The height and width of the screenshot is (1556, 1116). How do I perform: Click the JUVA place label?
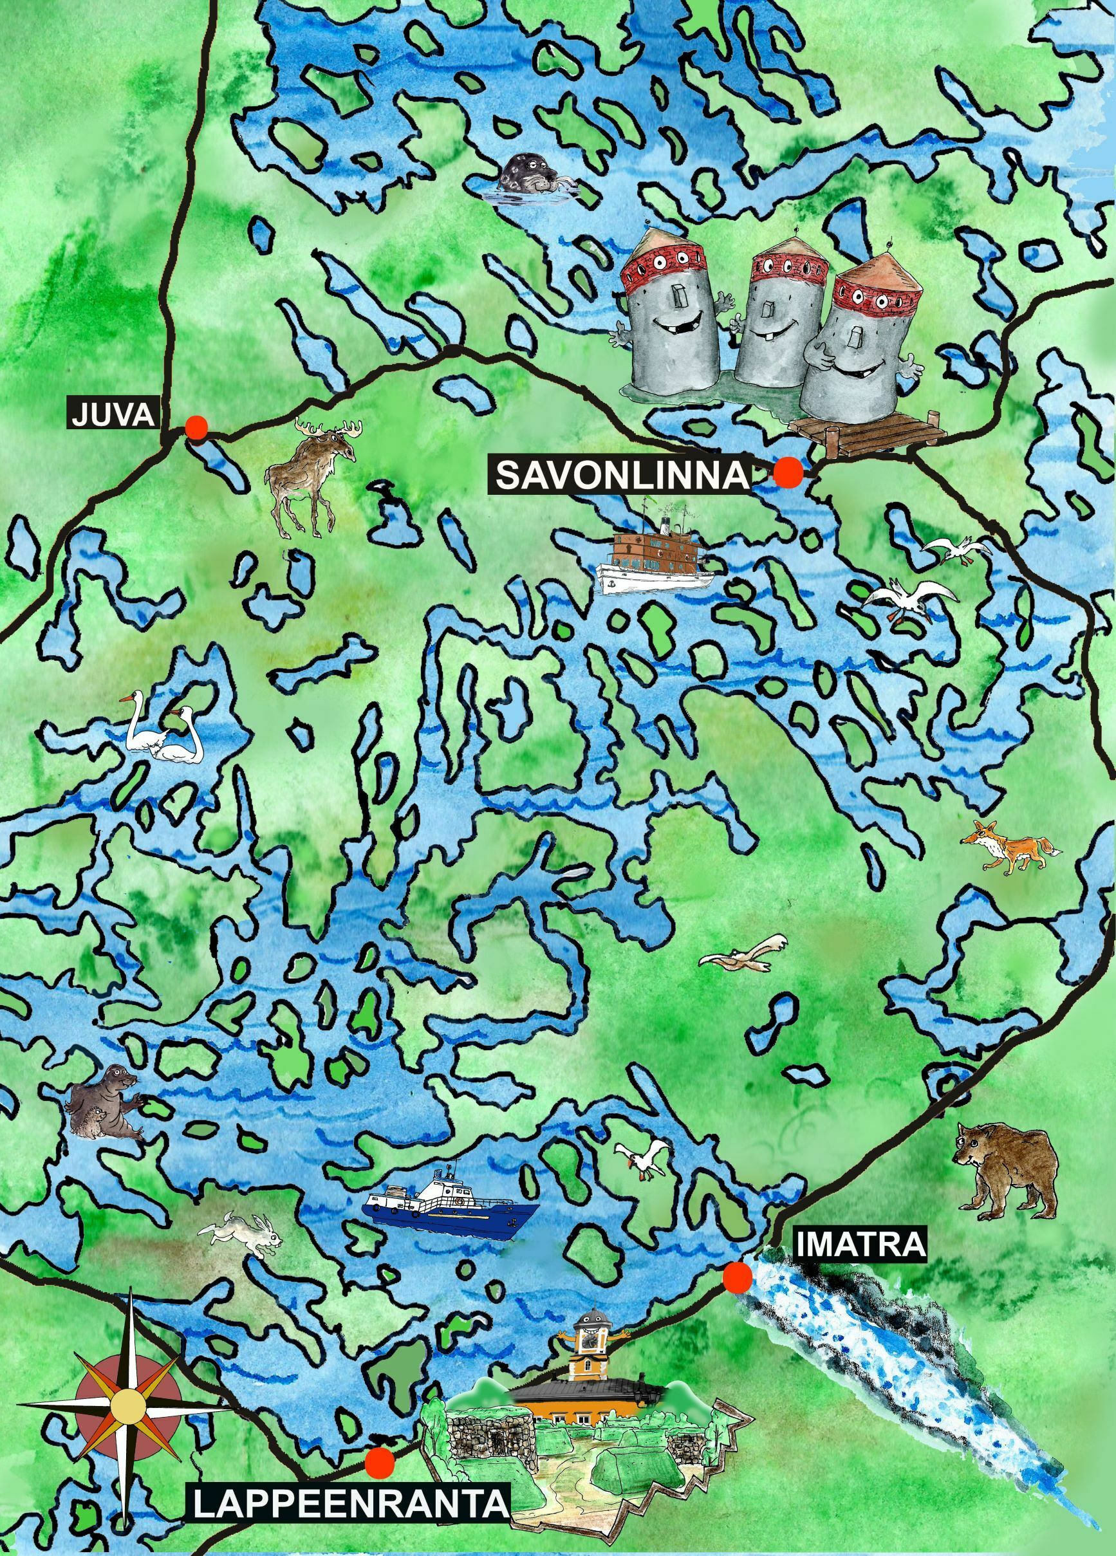point(112,414)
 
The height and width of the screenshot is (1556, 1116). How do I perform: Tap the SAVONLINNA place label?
point(621,476)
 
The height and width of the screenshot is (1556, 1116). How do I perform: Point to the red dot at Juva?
point(196,427)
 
